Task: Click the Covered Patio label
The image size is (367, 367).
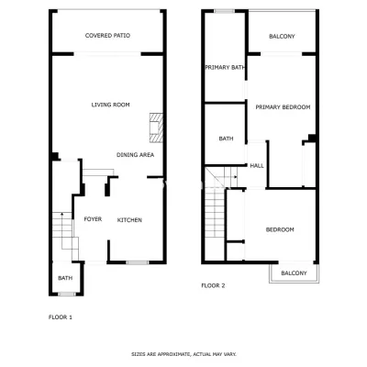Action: click(107, 36)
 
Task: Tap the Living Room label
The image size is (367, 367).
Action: click(110, 105)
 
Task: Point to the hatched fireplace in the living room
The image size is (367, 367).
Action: click(156, 128)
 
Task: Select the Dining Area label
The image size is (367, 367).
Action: click(135, 155)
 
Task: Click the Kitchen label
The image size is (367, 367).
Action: click(129, 220)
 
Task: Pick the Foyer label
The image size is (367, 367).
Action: click(93, 219)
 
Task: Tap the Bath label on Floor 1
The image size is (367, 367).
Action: click(65, 278)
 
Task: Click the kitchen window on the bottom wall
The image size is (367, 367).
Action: click(138, 262)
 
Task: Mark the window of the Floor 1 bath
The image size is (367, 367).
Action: click(67, 295)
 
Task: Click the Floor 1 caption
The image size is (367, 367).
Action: click(61, 317)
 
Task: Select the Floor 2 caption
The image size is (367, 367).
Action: click(213, 285)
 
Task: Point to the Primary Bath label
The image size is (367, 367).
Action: click(225, 67)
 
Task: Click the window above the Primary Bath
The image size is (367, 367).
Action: click(224, 11)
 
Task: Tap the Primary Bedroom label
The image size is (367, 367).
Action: click(283, 107)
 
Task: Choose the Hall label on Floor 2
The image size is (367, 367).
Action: click(257, 166)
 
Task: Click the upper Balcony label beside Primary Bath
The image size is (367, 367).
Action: click(282, 37)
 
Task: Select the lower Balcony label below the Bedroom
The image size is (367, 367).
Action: click(294, 273)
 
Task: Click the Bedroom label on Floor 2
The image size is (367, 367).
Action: click(280, 229)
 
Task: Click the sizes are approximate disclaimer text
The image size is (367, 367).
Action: click(183, 354)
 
